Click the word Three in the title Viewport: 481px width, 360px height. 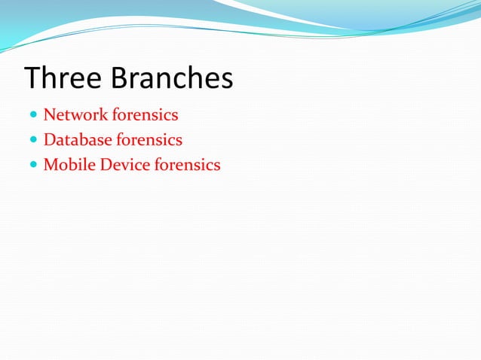(x=63, y=78)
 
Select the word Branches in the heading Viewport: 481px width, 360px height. (x=171, y=78)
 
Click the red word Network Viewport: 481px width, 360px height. (x=75, y=115)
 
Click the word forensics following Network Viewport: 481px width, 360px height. (x=145, y=115)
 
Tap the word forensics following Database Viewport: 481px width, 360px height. (x=149, y=140)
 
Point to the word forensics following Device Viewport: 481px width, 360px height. (x=187, y=165)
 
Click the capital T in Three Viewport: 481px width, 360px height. (x=32, y=78)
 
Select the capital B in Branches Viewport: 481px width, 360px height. (x=118, y=78)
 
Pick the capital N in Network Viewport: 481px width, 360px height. (x=50, y=115)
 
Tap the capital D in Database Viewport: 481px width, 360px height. (x=50, y=140)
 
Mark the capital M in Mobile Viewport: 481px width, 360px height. (x=51, y=165)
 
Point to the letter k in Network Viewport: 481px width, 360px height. (x=104, y=115)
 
